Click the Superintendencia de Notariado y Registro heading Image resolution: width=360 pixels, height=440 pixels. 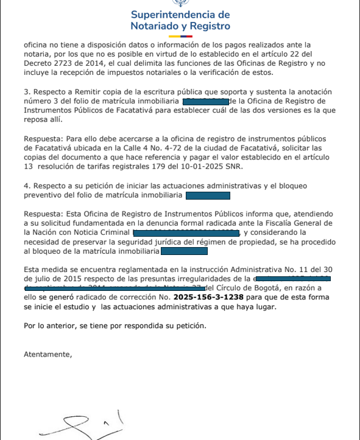[x=180, y=20]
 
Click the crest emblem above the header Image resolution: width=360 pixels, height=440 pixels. [x=180, y=4]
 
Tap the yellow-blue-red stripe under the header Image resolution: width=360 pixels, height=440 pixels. [x=180, y=37]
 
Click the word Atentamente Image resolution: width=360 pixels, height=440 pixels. [x=47, y=354]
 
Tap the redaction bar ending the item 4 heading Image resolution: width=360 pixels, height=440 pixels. [x=208, y=195]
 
